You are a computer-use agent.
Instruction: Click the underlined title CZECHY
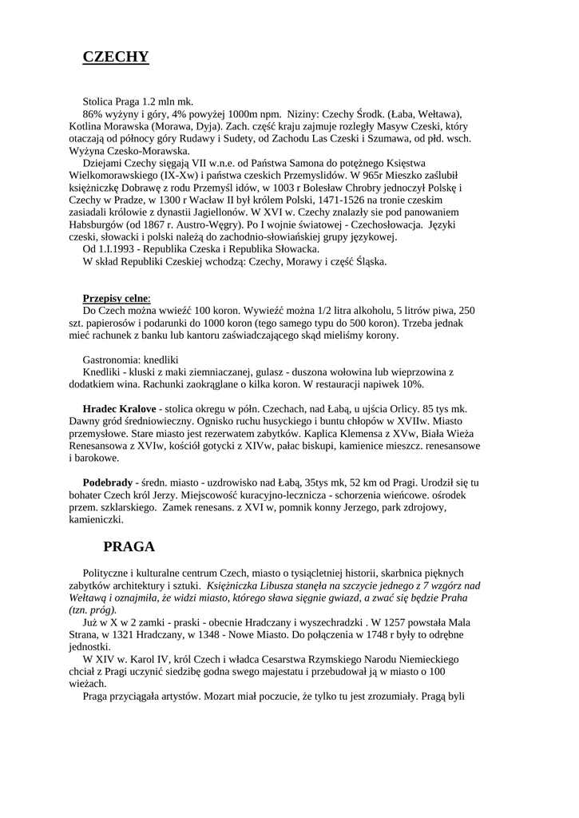[116, 57]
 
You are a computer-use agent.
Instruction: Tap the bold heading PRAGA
[129, 547]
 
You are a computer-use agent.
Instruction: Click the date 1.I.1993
[120, 249]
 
